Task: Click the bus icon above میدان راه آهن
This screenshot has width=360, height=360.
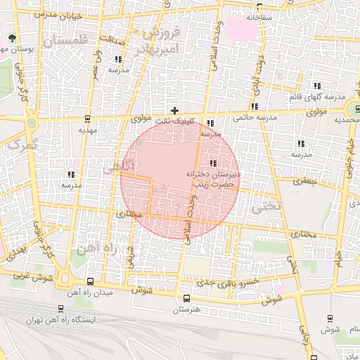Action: point(89,281)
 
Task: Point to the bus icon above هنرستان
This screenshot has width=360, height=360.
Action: point(186,298)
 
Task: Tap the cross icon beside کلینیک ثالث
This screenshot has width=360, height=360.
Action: point(175,110)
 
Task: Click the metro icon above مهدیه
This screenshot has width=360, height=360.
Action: point(87,119)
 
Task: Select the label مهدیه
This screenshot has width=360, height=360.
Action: point(87,130)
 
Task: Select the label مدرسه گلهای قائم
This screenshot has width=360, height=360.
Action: point(318,96)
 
